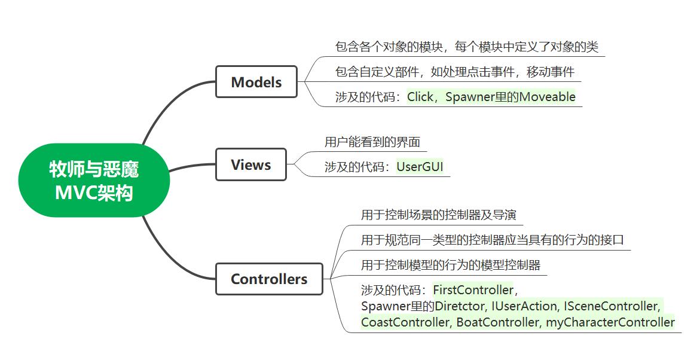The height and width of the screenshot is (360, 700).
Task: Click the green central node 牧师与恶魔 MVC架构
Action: (94, 181)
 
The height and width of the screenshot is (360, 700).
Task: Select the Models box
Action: (256, 82)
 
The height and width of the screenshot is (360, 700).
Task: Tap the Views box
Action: (250, 164)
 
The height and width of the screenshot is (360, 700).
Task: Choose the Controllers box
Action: (269, 279)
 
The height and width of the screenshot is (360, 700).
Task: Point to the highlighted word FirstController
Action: (473, 290)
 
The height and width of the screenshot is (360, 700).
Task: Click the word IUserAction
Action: (524, 306)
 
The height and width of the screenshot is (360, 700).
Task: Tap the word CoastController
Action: (405, 322)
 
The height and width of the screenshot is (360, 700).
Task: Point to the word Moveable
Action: (547, 97)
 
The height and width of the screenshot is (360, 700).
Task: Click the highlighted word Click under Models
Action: (420, 97)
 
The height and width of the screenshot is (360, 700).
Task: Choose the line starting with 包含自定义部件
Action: (454, 72)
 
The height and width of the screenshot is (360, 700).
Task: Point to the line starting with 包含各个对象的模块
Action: (466, 47)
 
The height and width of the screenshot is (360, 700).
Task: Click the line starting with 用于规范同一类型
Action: (492, 240)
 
